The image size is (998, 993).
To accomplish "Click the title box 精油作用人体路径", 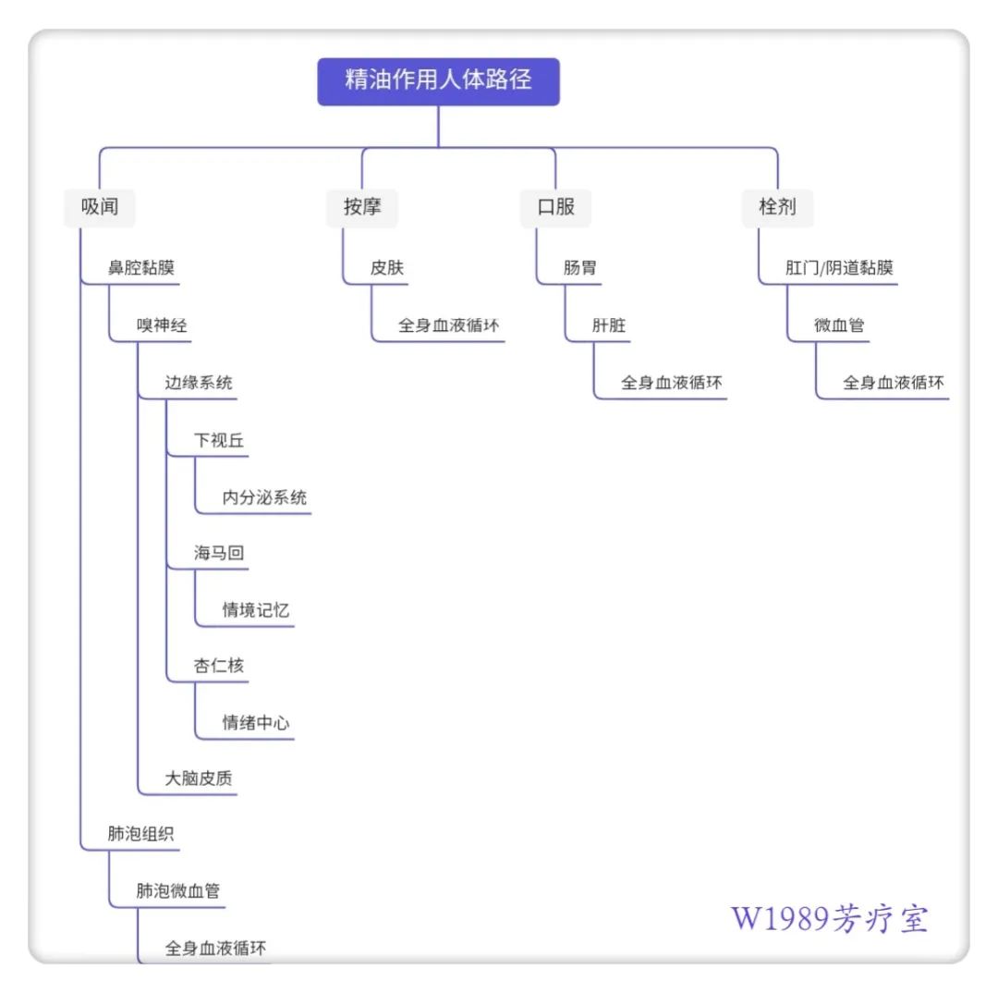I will click(438, 80).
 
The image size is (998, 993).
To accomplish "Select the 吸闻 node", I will click(100, 207).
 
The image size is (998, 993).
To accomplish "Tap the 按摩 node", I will click(362, 207).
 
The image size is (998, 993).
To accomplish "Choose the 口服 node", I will click(555, 207).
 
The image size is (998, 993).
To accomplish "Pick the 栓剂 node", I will click(777, 207).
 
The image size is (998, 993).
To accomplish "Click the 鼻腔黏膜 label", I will click(141, 269).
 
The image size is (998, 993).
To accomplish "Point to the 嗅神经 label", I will click(162, 325).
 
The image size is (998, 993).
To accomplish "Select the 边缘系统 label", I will click(199, 383).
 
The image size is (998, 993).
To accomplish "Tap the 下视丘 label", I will click(219, 440).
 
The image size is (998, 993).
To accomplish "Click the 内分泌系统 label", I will click(264, 497).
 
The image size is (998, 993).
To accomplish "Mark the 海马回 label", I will click(219, 554).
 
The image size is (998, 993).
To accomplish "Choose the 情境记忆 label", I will click(256, 610).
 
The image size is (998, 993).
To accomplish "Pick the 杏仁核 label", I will click(219, 666).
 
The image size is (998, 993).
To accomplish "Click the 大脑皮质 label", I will click(199, 778).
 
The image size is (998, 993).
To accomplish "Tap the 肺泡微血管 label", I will click(178, 891).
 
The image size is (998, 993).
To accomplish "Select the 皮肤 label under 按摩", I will click(387, 269).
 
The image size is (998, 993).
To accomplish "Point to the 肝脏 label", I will click(609, 325).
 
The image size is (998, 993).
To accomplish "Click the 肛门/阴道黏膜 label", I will click(839, 269).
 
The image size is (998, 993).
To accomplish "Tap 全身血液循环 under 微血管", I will click(894, 383).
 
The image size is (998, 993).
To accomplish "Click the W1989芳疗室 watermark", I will click(830, 918).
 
